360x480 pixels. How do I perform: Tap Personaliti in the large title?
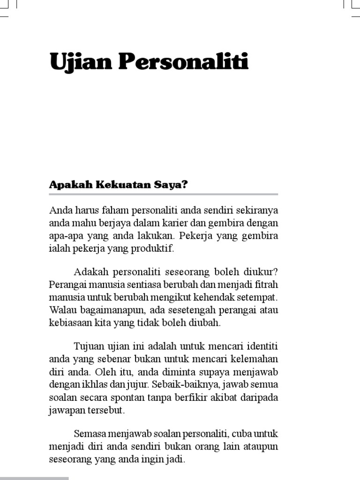click(183, 62)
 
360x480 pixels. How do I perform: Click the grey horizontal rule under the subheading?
click(164, 194)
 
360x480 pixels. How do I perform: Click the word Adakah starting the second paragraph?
click(90, 272)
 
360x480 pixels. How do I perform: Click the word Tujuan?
click(88, 347)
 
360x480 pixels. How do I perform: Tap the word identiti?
click(261, 347)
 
